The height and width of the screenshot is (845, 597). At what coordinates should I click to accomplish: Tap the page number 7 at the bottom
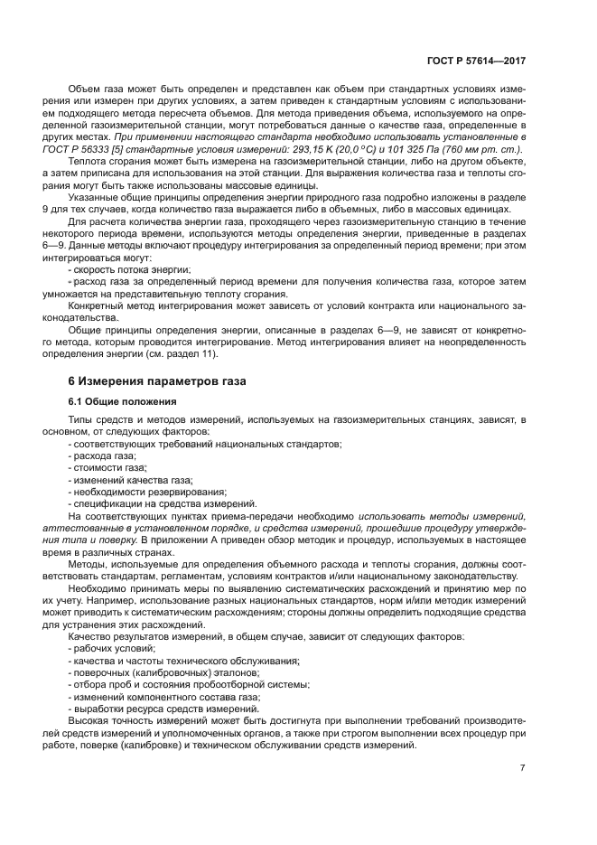522,768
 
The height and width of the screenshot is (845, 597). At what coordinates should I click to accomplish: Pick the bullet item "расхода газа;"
101,456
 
